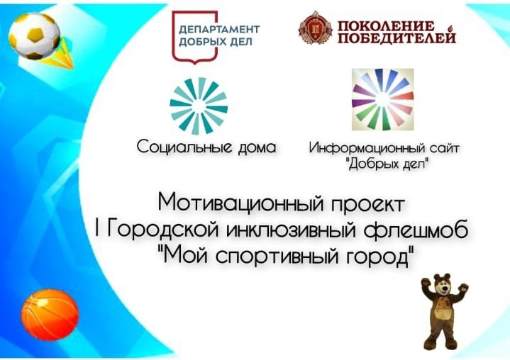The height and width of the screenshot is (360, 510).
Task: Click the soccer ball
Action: tap(35, 35)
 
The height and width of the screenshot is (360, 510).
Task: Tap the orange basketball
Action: tap(50, 315)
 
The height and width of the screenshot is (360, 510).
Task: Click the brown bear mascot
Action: tap(444, 312)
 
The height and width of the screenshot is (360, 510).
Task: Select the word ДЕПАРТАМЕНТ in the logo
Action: tap(219, 29)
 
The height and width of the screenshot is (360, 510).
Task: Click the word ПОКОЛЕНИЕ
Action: tap(386, 26)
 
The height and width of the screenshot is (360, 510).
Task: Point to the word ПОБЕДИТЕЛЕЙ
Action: tap(397, 38)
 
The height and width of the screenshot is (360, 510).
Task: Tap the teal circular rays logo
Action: tap(199, 106)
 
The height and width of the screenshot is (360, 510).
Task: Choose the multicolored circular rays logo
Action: tap(383, 99)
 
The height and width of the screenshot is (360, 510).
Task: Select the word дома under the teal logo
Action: tap(257, 147)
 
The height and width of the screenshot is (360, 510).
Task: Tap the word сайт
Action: tap(445, 148)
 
